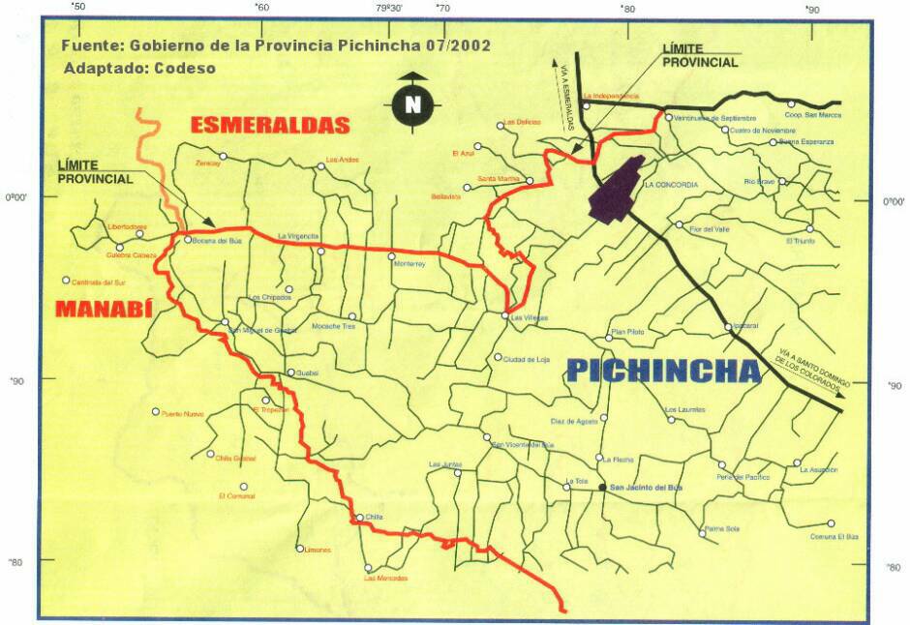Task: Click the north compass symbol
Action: click(x=413, y=101)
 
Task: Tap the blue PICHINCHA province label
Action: click(x=663, y=371)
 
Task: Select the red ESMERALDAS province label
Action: click(x=269, y=125)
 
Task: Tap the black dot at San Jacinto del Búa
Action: click(x=602, y=488)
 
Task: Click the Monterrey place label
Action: click(x=410, y=264)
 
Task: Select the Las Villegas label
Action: click(x=530, y=317)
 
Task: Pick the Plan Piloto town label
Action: click(x=626, y=332)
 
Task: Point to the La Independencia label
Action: click(x=612, y=96)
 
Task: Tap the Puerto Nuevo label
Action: click(x=183, y=414)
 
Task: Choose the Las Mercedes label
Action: click(x=385, y=579)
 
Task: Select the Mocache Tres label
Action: click(x=335, y=327)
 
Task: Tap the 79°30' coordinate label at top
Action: click(x=390, y=8)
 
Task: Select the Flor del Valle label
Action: click(x=709, y=229)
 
